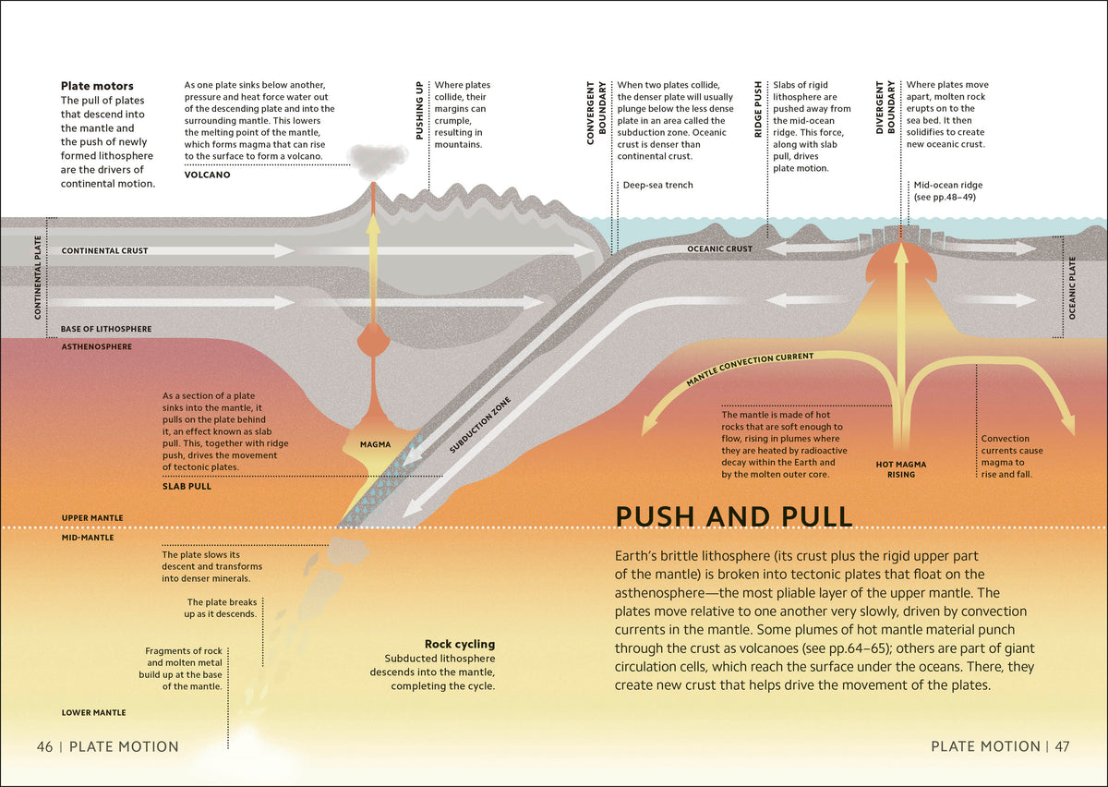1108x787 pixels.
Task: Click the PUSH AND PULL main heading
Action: pyautogui.click(x=734, y=516)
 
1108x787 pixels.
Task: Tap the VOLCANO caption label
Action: pyautogui.click(x=207, y=175)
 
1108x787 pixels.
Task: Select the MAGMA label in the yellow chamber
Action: pyautogui.click(x=376, y=444)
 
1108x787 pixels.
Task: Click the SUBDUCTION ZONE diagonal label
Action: pyautogui.click(x=480, y=425)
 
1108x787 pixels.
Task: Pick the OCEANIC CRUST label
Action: pyautogui.click(x=719, y=249)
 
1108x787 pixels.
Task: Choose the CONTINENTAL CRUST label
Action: pyautogui.click(x=105, y=251)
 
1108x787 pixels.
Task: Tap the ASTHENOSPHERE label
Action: pyautogui.click(x=97, y=347)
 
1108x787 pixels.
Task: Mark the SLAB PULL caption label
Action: pyautogui.click(x=187, y=487)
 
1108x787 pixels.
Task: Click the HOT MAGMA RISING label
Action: pyautogui.click(x=901, y=469)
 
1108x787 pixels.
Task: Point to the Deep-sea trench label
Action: pyautogui.click(x=657, y=185)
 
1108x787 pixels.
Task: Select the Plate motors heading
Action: pyautogui.click(x=97, y=86)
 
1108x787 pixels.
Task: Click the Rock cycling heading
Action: pyautogui.click(x=460, y=644)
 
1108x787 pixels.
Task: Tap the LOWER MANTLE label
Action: pyautogui.click(x=93, y=713)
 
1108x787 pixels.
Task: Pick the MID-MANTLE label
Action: pyautogui.click(x=88, y=538)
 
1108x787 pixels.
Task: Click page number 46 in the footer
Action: pyautogui.click(x=44, y=746)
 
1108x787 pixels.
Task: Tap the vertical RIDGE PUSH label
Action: pyautogui.click(x=758, y=109)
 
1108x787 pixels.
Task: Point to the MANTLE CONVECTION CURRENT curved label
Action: pyautogui.click(x=750, y=369)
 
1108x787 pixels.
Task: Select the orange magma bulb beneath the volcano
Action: pyautogui.click(x=373, y=340)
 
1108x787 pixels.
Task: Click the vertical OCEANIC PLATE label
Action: pyautogui.click(x=1072, y=288)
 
